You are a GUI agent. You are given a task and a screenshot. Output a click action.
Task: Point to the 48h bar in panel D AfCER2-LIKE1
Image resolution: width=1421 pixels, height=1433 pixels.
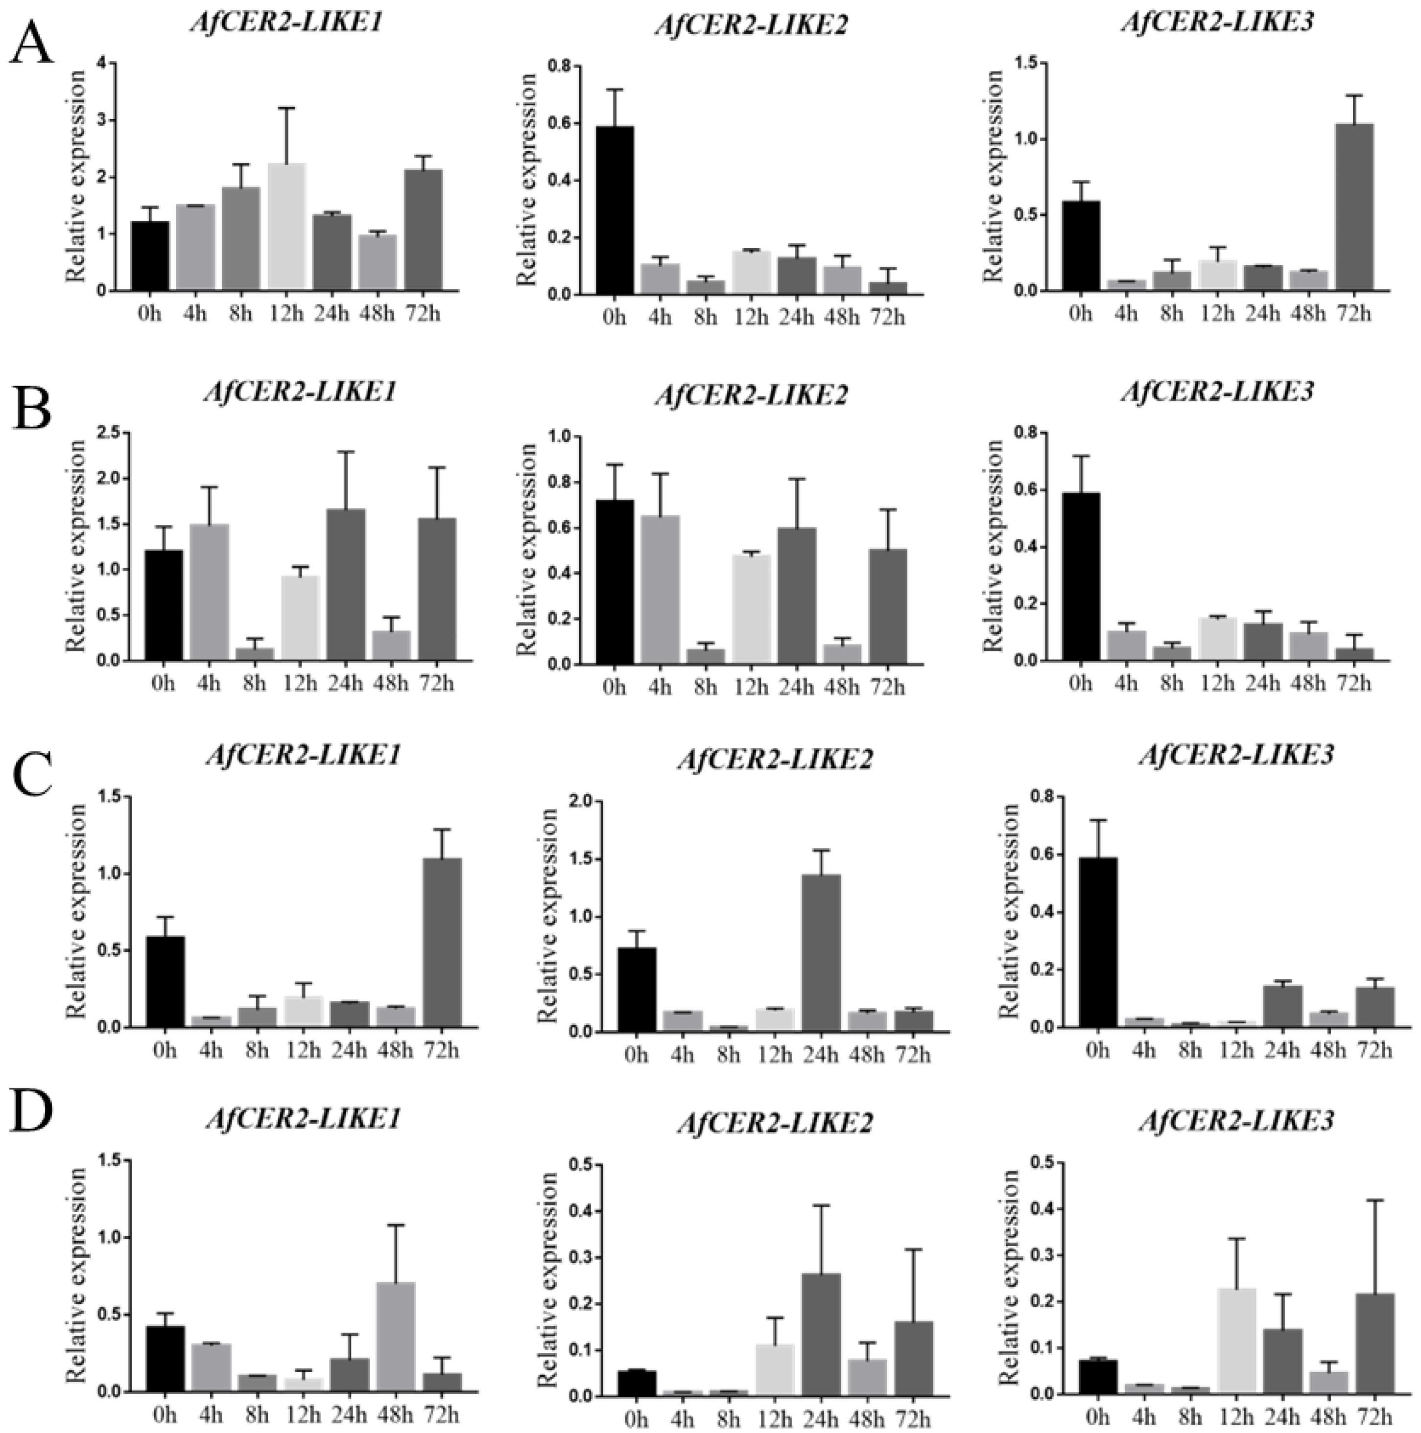point(395,1331)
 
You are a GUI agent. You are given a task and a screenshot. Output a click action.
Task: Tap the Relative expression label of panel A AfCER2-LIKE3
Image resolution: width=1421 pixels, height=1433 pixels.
point(993,177)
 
